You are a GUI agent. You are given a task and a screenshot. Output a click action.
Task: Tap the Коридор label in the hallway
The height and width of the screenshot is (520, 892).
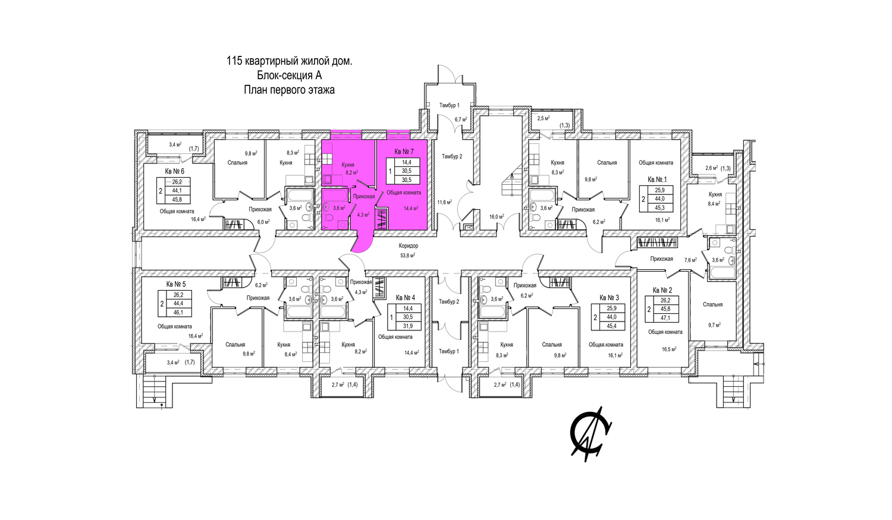click(x=408, y=246)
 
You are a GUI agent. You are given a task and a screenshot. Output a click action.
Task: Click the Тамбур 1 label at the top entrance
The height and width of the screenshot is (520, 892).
click(x=450, y=105)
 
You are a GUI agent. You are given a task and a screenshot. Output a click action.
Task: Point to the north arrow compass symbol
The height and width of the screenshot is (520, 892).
click(x=591, y=434)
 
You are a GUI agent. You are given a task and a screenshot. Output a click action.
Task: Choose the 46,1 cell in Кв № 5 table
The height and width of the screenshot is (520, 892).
click(x=178, y=313)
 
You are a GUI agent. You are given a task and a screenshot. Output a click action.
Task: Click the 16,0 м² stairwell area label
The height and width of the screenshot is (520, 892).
click(x=497, y=217)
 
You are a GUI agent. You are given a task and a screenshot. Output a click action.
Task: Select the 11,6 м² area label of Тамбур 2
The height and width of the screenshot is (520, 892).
click(x=444, y=202)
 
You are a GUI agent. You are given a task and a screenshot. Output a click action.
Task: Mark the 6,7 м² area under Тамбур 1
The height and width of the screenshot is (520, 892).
click(x=461, y=119)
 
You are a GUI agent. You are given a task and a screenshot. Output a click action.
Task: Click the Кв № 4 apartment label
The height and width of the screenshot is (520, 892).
click(x=406, y=298)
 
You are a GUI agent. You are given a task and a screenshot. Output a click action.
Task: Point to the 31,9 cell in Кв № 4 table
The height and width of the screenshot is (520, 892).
click(x=408, y=326)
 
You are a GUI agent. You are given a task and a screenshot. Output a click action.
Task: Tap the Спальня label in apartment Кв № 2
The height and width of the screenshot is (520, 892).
click(x=713, y=305)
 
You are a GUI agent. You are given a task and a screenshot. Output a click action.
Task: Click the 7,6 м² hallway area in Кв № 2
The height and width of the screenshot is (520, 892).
click(x=690, y=260)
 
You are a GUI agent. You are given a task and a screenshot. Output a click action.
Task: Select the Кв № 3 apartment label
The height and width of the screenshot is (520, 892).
click(x=610, y=298)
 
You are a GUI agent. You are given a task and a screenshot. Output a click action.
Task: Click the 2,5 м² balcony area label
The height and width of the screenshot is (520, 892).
click(x=544, y=118)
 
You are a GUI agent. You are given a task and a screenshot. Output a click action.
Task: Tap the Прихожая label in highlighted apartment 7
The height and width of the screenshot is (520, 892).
click(x=364, y=197)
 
